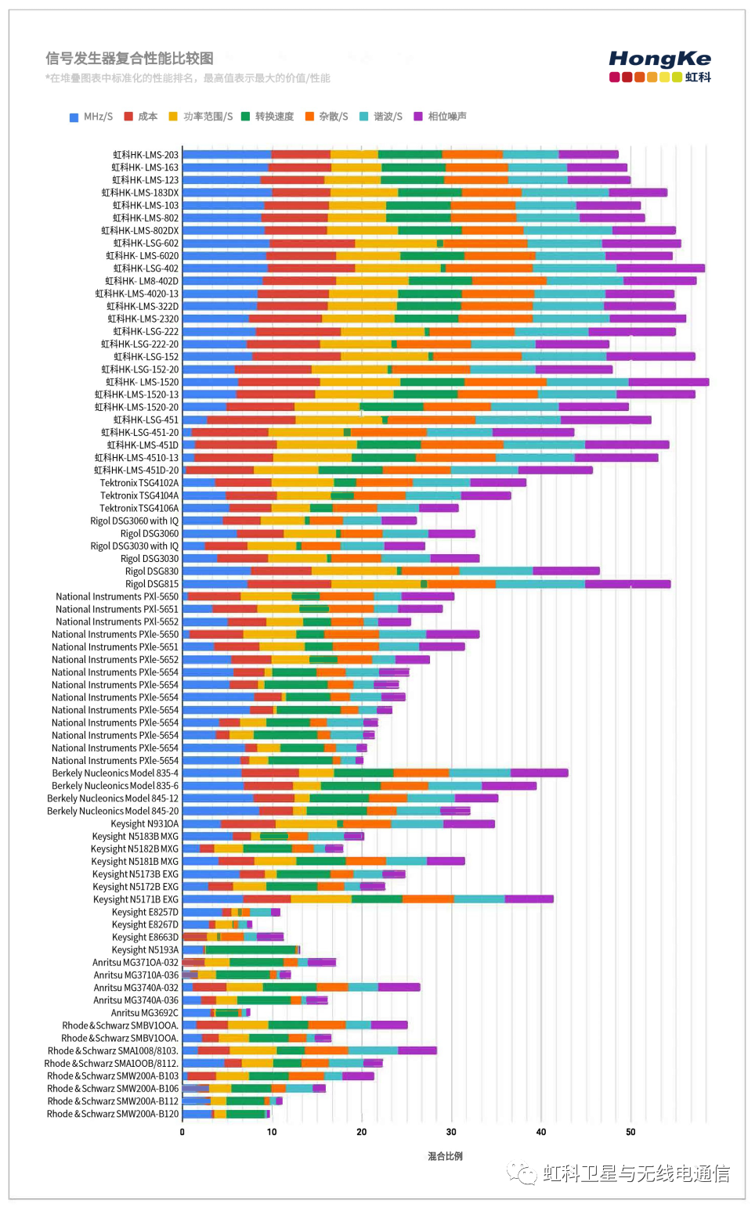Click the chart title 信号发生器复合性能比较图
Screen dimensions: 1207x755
click(129, 58)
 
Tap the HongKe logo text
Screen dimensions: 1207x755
click(659, 59)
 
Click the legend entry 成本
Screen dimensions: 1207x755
click(141, 117)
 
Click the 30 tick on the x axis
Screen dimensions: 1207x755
click(451, 1132)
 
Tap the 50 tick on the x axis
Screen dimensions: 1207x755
click(630, 1132)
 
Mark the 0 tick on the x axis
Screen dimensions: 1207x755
click(182, 1132)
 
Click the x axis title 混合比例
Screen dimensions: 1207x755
click(445, 1156)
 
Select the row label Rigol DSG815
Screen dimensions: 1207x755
click(152, 584)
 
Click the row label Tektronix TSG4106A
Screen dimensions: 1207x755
click(139, 508)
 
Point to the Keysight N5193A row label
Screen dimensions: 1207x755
click(145, 949)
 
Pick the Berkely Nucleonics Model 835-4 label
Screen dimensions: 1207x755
click(115, 773)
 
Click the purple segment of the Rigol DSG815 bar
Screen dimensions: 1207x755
click(627, 584)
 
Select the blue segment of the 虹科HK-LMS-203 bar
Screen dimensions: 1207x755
click(227, 155)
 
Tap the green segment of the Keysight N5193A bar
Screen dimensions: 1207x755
click(250, 949)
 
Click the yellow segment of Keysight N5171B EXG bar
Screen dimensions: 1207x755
click(321, 899)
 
